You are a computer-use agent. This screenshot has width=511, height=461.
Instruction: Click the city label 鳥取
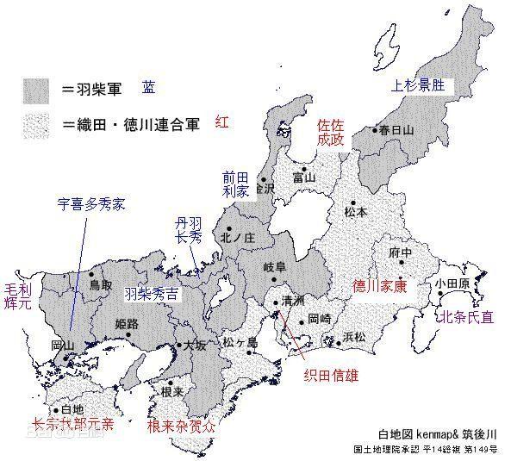(101, 283)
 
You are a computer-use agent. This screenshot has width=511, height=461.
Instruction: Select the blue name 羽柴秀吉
(152, 294)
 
